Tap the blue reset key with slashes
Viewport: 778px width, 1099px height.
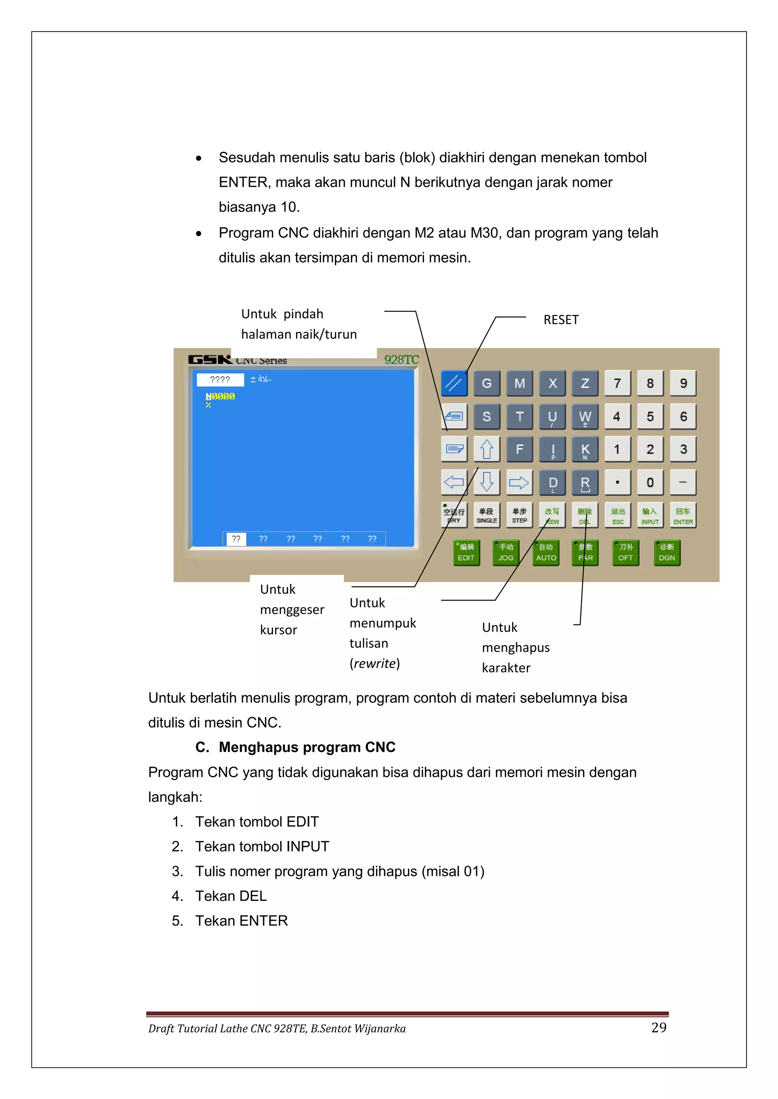click(x=454, y=383)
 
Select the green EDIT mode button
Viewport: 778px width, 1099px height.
click(x=466, y=553)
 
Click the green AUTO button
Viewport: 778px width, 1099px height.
click(x=546, y=553)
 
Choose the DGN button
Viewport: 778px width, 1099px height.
click(x=667, y=553)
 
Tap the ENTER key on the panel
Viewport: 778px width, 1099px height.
click(x=683, y=515)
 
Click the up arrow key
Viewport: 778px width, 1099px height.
click(x=487, y=449)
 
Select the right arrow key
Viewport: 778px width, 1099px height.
click(x=519, y=482)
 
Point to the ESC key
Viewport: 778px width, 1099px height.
click(x=618, y=515)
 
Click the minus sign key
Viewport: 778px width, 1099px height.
click(x=683, y=482)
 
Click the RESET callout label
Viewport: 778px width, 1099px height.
click(x=561, y=320)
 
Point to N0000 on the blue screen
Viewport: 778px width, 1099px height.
click(x=220, y=396)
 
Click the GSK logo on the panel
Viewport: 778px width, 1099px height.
click(x=209, y=359)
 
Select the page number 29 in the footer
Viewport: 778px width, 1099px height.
click(x=659, y=1027)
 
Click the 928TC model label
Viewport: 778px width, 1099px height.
click(x=402, y=359)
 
